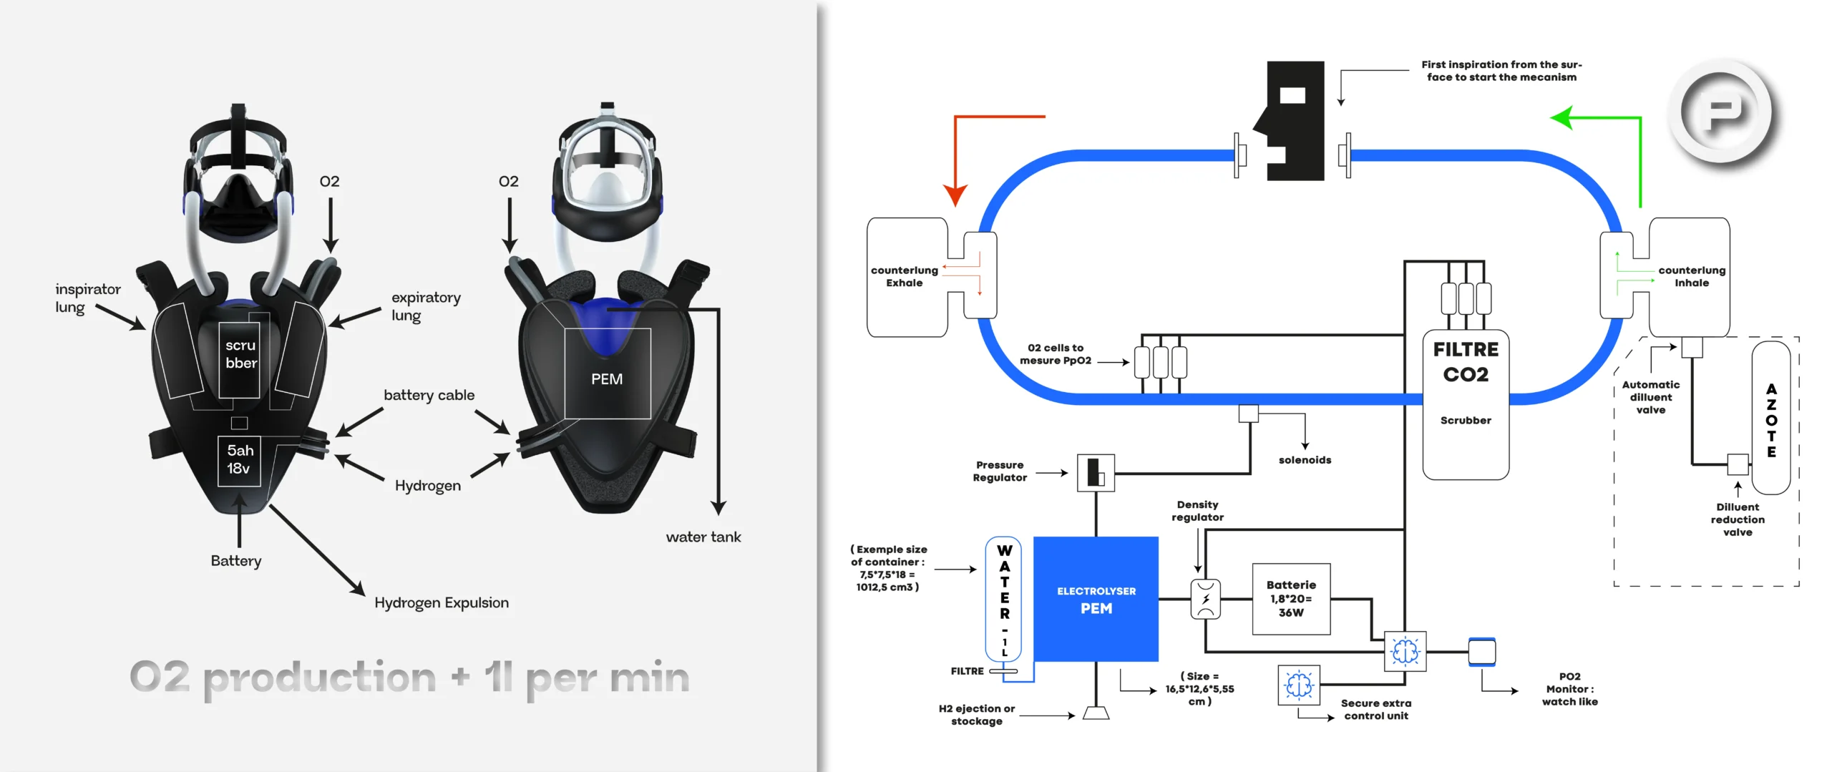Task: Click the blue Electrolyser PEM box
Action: [x=1096, y=599]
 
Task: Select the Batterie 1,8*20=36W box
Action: [x=1291, y=599]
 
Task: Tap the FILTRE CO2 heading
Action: [x=1466, y=362]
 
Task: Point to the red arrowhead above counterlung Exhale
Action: [x=955, y=195]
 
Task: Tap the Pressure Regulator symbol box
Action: [x=1096, y=473]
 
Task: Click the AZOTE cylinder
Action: [x=1771, y=419]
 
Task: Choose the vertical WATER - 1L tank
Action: [x=1004, y=600]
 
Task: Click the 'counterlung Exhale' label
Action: [x=905, y=276]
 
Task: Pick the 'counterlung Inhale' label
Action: [x=1692, y=276]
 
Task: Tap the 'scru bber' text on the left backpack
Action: [x=241, y=354]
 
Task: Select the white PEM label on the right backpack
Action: [x=607, y=378]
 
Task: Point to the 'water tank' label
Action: [x=703, y=537]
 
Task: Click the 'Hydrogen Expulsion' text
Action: [x=442, y=602]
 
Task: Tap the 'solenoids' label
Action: [x=1305, y=460]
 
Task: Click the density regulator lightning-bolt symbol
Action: [x=1206, y=599]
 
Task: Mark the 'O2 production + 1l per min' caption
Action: [x=409, y=677]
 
